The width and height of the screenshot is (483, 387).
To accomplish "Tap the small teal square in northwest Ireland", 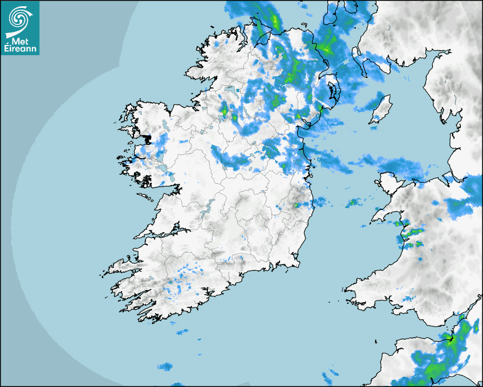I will click(x=238, y=89).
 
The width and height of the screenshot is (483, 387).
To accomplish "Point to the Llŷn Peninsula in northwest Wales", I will click(x=386, y=213).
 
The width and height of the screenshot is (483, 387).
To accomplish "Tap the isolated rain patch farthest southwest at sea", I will click(x=165, y=367).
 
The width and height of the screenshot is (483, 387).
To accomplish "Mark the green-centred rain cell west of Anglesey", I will click(x=353, y=201).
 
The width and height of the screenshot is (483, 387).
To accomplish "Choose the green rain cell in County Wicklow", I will click(x=296, y=204).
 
